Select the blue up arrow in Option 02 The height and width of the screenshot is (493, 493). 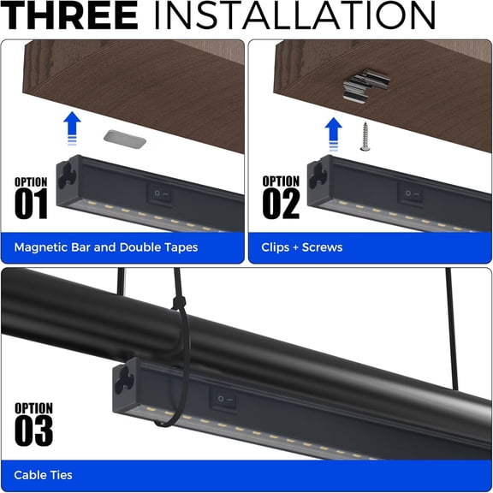334,134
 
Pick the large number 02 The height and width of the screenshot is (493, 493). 282,204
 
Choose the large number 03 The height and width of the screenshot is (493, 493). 34,431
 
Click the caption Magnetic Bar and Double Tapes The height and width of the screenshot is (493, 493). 106,247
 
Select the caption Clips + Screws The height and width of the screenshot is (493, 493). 302,247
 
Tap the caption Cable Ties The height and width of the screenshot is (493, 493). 44,475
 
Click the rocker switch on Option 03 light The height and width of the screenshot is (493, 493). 224,400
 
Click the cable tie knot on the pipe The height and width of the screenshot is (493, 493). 181,304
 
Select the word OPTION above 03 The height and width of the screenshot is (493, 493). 34,408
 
